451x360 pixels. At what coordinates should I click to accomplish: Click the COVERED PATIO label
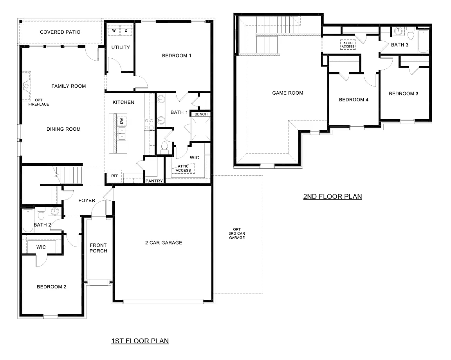(x=60, y=32)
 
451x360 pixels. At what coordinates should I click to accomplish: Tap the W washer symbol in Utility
(x=114, y=30)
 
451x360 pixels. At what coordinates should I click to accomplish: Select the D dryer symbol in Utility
(x=126, y=30)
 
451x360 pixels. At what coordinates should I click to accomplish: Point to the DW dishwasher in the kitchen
(x=122, y=120)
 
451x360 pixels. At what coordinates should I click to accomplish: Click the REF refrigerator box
(x=115, y=176)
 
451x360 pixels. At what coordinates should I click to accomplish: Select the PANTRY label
(x=154, y=181)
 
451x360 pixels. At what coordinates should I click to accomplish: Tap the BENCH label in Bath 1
(x=201, y=114)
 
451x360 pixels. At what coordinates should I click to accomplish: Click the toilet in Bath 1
(x=165, y=147)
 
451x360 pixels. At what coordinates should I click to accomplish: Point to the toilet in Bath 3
(x=411, y=34)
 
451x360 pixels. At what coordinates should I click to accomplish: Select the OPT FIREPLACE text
(x=38, y=102)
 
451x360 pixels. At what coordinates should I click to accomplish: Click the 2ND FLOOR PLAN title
(x=332, y=196)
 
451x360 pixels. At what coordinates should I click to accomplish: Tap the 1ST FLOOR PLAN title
(x=140, y=341)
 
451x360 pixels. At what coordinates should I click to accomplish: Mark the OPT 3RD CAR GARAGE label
(x=237, y=234)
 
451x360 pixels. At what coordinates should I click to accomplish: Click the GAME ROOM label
(x=288, y=93)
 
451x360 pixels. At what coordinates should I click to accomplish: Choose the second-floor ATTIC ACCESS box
(x=348, y=45)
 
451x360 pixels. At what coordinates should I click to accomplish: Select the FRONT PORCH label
(x=98, y=248)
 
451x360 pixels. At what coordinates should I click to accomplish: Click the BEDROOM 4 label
(x=354, y=100)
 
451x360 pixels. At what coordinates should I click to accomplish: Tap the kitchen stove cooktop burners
(x=149, y=124)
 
